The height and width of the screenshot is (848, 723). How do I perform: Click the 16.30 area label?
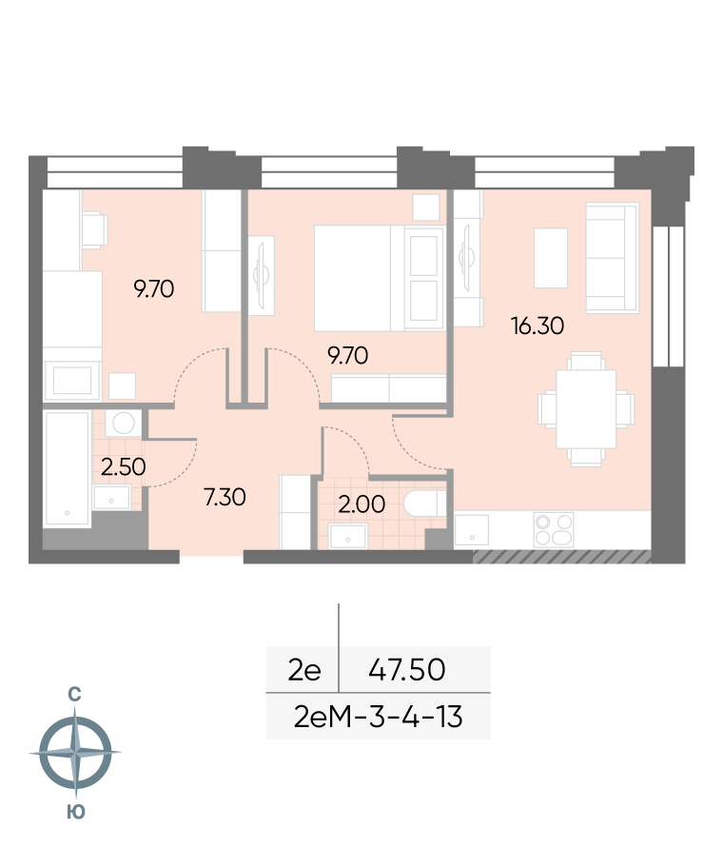(537, 326)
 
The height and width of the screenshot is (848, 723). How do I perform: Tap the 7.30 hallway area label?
(225, 497)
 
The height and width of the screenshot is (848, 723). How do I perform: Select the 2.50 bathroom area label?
(124, 466)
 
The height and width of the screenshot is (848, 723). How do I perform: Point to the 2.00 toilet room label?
(361, 504)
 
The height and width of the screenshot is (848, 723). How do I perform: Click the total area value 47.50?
(407, 669)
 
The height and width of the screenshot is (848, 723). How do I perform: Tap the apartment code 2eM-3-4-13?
(378, 717)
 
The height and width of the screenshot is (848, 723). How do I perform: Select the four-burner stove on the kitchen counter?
(554, 529)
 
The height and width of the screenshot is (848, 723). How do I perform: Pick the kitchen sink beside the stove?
(472, 530)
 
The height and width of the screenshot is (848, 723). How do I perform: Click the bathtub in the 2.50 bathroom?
(67, 468)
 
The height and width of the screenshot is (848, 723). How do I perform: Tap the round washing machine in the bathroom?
(124, 423)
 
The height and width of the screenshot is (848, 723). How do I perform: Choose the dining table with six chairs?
(586, 409)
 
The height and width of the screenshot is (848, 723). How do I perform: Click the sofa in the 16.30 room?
(613, 258)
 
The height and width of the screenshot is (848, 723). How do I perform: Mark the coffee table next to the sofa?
(551, 258)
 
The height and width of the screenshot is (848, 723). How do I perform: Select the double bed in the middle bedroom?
(380, 278)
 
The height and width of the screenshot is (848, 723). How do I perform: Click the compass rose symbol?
(75, 752)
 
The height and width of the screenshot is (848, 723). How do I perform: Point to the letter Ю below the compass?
(76, 812)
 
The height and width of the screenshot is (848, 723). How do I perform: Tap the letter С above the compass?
(74, 695)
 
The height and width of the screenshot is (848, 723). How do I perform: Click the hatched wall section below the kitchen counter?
(562, 557)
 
